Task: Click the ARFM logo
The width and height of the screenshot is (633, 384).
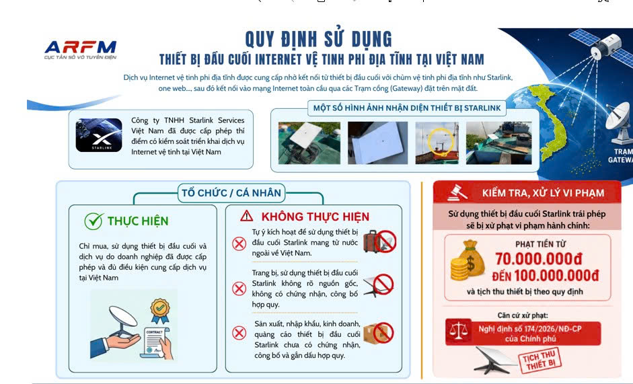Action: click(80, 50)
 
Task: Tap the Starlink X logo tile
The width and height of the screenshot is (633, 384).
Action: click(99, 135)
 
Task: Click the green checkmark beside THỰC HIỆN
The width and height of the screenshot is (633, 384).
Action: click(94, 221)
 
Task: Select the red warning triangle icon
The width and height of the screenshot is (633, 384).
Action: click(246, 217)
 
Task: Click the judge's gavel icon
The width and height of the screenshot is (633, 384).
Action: click(457, 192)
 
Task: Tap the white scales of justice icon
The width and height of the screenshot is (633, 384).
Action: click(459, 332)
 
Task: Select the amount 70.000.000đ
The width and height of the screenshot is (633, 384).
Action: click(539, 259)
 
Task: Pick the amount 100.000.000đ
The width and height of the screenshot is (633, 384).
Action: click(556, 276)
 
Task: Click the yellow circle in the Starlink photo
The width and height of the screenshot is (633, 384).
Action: click(441, 142)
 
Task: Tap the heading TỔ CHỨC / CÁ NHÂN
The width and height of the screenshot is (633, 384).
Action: click(231, 193)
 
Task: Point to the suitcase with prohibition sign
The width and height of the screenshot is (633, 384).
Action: click(379, 241)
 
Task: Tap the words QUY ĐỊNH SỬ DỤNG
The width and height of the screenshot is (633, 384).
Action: click(319, 39)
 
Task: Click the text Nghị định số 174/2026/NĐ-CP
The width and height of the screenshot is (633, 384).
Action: click(530, 329)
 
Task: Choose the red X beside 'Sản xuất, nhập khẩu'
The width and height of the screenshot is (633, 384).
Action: click(239, 333)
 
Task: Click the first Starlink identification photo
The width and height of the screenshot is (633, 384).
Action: click(309, 143)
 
